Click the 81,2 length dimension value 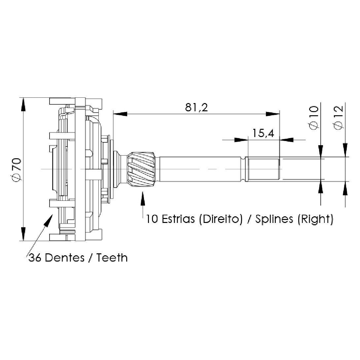point(197,107)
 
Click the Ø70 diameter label point(17,169)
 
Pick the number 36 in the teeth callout point(35,258)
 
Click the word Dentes point(65,258)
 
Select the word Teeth point(112,258)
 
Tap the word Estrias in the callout point(178,219)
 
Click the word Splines point(274,219)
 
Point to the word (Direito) point(221,219)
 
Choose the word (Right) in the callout point(315,219)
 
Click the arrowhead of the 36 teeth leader point(49,220)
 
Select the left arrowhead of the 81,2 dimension point(120,114)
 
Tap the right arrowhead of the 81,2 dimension point(273,114)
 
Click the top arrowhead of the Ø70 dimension point(23,105)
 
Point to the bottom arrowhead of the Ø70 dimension point(23,234)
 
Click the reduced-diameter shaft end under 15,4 point(262,169)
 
